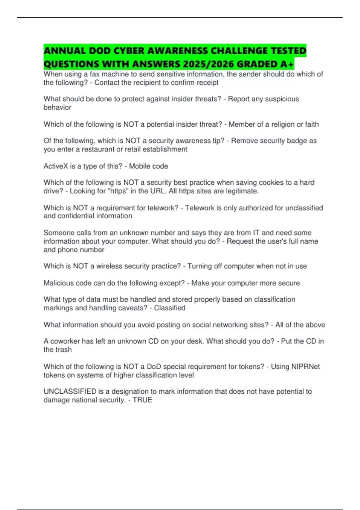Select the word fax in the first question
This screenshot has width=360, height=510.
pyautogui.click(x=95, y=74)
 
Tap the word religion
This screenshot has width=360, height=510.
pyautogui.click(x=283, y=124)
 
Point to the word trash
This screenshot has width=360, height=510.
pyautogui.click(x=63, y=349)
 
